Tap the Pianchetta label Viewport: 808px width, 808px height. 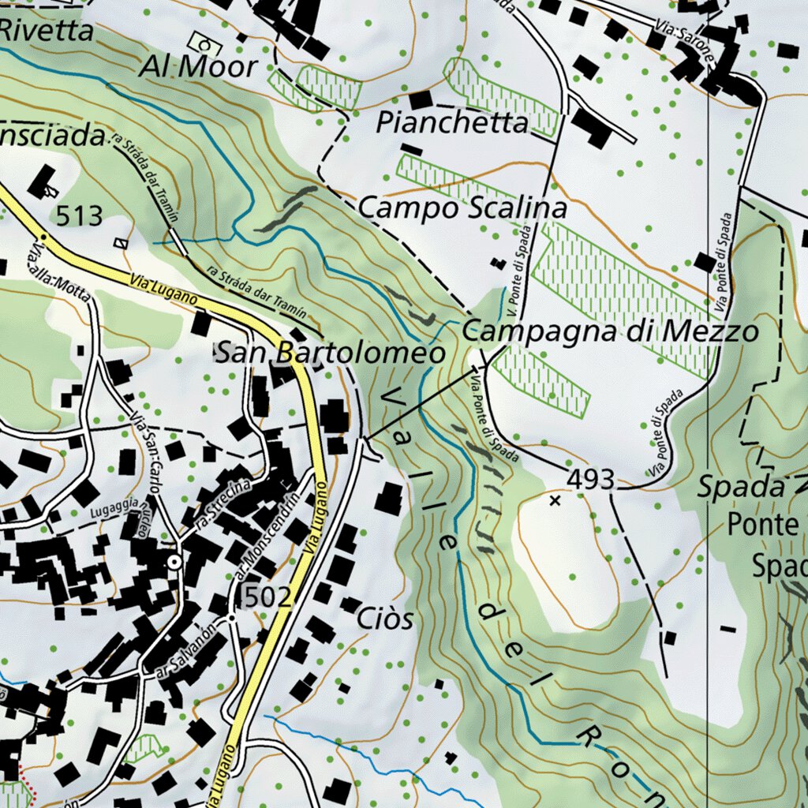[x=452, y=123]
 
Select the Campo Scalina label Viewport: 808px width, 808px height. [x=462, y=208]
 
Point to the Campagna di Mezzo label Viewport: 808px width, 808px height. [x=610, y=331]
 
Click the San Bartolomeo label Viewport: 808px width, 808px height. [x=330, y=353]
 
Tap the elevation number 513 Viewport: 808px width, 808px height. [x=80, y=215]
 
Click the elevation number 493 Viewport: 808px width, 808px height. [x=590, y=479]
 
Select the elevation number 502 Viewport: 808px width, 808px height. [x=267, y=597]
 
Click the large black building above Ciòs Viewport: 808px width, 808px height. [x=388, y=499]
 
